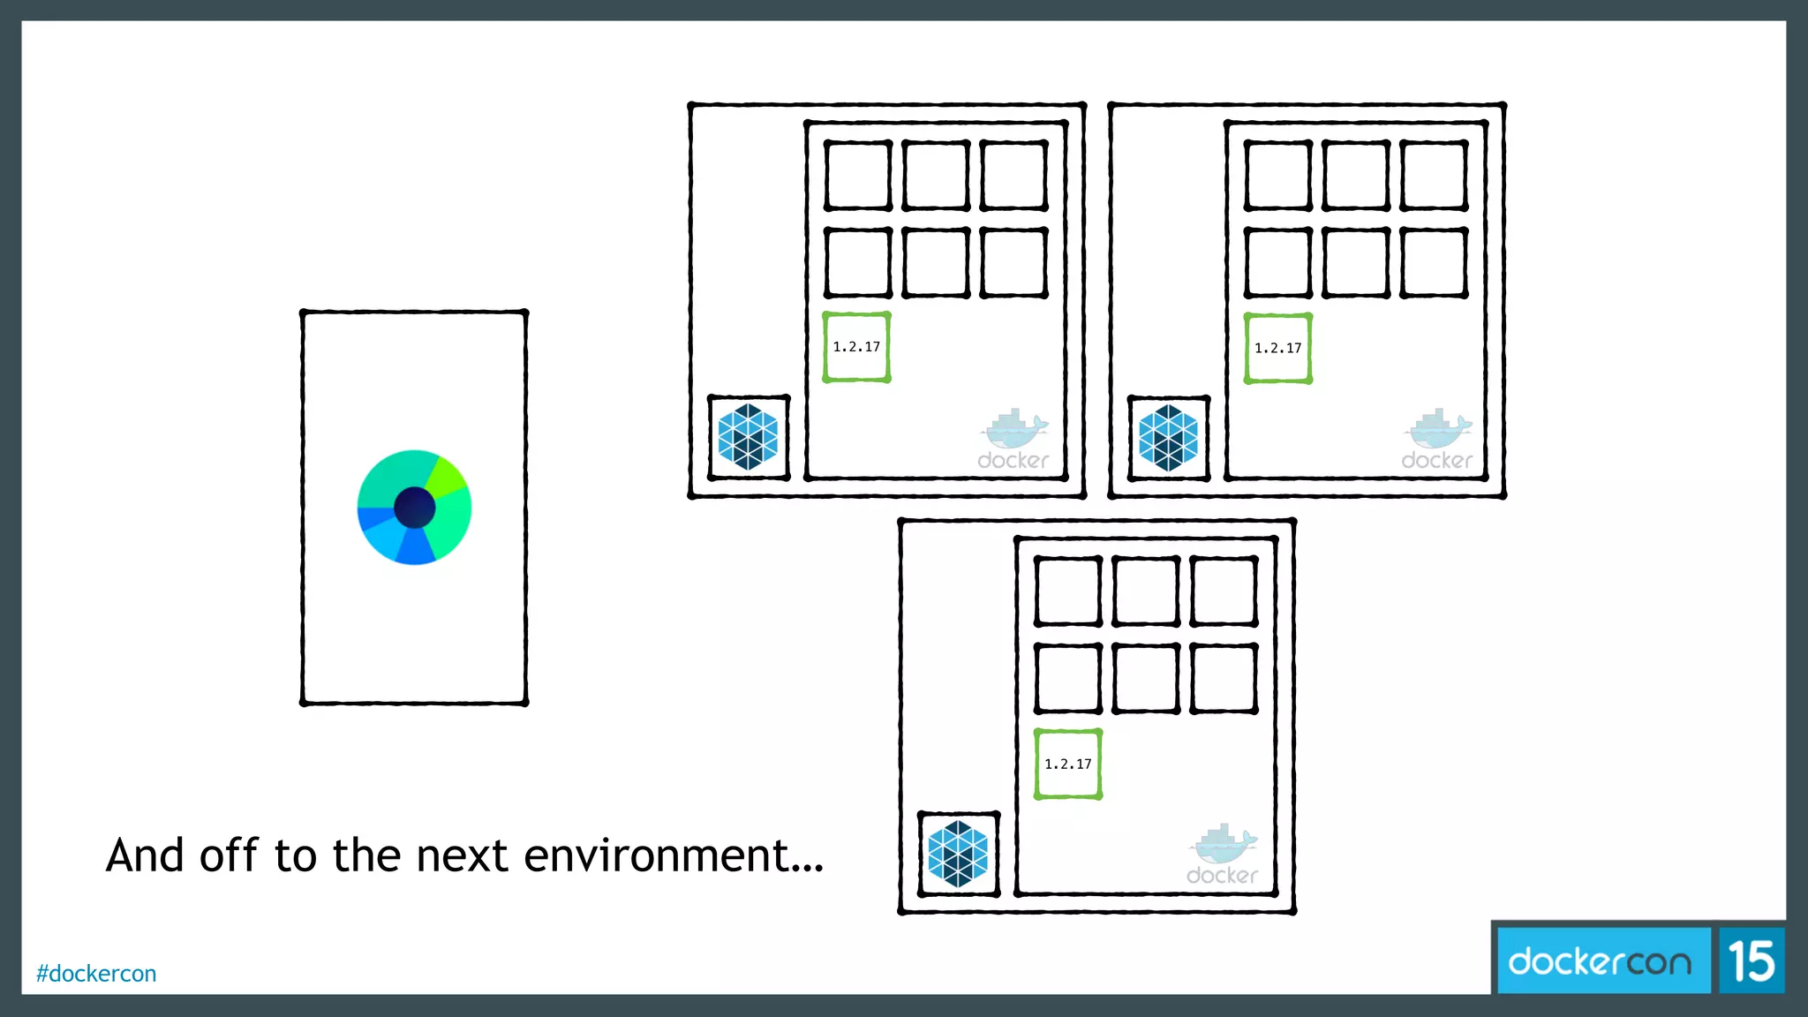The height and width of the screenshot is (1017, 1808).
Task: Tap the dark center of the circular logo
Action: (x=414, y=508)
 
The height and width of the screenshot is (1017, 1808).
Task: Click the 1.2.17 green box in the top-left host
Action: (x=856, y=347)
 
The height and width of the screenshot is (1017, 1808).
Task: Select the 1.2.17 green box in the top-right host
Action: (x=1277, y=348)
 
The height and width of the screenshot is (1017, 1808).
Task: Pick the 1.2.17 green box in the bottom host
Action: (x=1067, y=764)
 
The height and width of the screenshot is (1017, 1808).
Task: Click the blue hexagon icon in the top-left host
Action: (x=748, y=437)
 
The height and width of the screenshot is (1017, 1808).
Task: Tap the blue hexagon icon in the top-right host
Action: (x=1168, y=437)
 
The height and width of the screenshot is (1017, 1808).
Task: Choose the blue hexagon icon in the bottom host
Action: (x=958, y=854)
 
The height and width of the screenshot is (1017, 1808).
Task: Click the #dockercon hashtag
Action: (x=96, y=974)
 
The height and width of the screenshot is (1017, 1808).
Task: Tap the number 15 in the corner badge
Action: (x=1751, y=960)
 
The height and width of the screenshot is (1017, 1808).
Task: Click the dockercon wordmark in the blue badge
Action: (x=1600, y=960)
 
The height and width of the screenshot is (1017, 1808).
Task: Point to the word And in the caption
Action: (x=145, y=855)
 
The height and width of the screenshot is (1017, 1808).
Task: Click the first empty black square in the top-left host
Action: (x=857, y=175)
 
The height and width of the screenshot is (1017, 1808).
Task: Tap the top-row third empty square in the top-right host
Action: (x=1434, y=175)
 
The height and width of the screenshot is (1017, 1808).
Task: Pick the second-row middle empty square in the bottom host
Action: (x=1145, y=678)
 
